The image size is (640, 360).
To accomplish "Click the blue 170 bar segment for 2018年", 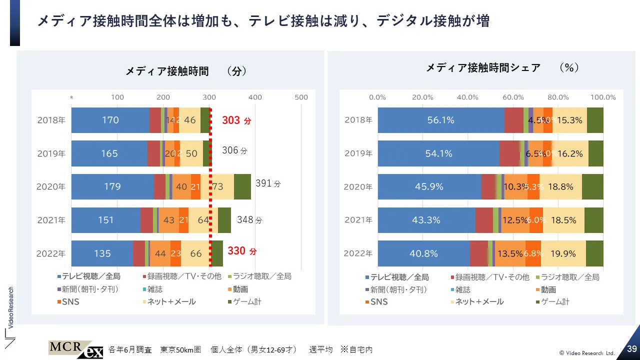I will [110, 120].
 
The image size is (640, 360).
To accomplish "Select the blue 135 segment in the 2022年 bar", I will [102, 253].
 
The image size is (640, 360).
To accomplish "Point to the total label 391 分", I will [268, 183].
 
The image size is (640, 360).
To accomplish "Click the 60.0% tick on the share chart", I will [513, 97].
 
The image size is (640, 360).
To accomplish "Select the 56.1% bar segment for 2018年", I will [440, 120].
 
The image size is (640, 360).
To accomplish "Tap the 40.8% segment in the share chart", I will [423, 253].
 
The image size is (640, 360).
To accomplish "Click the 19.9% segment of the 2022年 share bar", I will [563, 253].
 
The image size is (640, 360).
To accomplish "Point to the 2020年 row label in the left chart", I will [51, 187].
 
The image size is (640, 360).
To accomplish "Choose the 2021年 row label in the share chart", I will [358, 220].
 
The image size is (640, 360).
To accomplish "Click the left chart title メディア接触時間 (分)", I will [186, 71].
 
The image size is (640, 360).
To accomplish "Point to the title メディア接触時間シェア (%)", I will [502, 67].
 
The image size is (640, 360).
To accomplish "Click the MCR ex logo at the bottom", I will [75, 349].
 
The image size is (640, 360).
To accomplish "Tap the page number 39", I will [631, 348].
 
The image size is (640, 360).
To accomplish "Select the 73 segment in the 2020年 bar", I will [218, 187].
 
